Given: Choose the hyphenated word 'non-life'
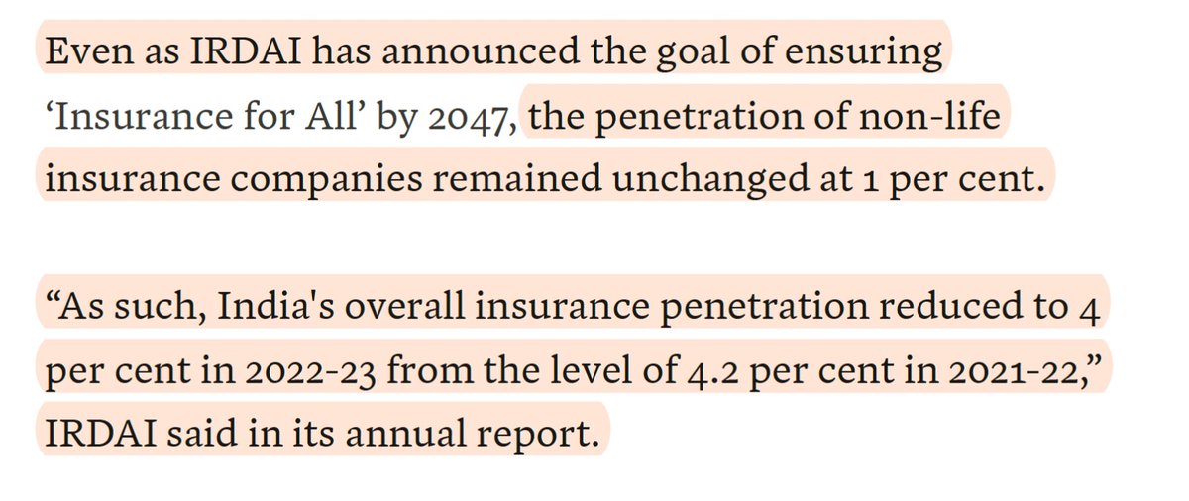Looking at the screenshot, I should [937, 119].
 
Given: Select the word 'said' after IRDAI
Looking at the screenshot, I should [205, 434].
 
